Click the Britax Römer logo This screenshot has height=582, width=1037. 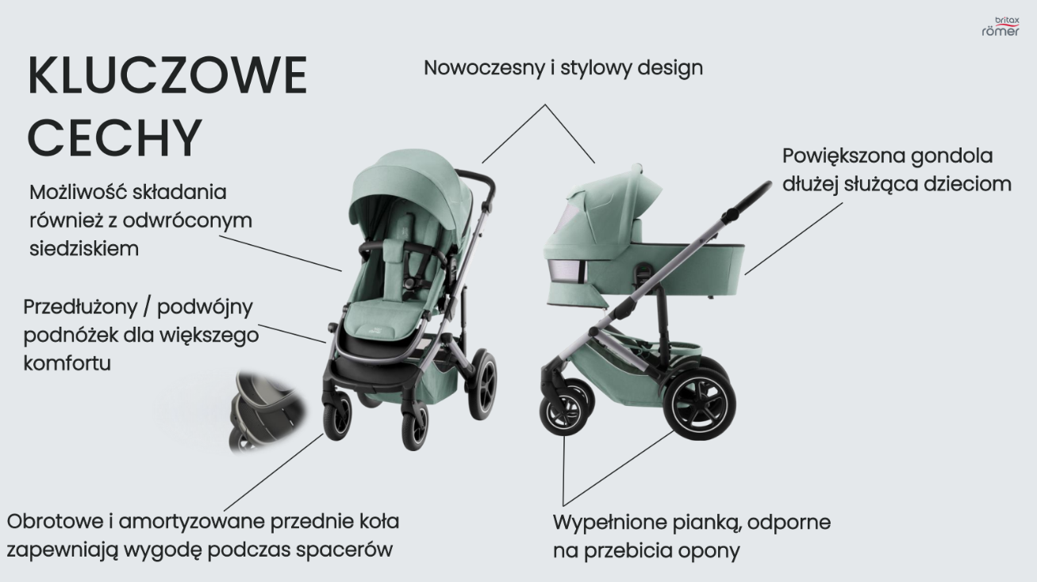1000,26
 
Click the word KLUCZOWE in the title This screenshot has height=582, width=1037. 167,78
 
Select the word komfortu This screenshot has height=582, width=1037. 67,364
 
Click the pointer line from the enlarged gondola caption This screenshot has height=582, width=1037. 793,236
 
